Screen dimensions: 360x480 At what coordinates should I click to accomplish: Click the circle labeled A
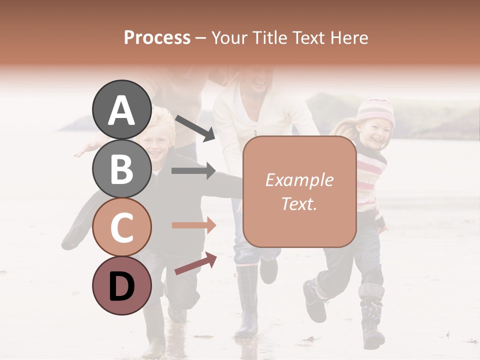[x=121, y=110]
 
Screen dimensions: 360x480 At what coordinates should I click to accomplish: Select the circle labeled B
[x=121, y=168]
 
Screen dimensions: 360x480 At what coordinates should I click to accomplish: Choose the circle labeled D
[x=121, y=285]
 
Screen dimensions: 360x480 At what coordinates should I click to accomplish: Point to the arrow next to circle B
[x=193, y=171]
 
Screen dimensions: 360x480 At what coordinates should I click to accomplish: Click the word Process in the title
[x=157, y=37]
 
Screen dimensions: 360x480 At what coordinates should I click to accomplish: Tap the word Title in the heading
[x=268, y=37]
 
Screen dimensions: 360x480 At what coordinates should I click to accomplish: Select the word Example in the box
[x=299, y=180]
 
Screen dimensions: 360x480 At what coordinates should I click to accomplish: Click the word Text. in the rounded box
[x=299, y=203]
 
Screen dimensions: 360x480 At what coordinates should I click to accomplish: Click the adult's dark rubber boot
[x=247, y=300]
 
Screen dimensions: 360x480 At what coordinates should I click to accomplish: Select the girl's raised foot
[x=314, y=300]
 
